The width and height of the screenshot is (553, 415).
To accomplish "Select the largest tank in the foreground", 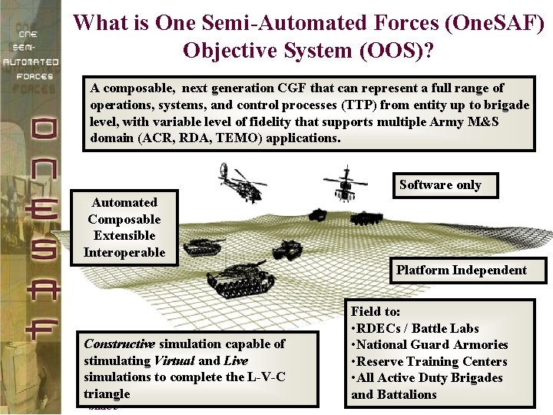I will click(x=238, y=277).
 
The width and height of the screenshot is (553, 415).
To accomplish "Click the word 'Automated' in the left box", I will click(x=124, y=202).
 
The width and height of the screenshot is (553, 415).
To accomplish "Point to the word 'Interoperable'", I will click(x=124, y=252).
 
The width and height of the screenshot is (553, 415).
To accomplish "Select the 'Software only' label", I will click(x=440, y=184).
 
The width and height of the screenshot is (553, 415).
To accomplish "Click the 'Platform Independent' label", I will click(x=462, y=270).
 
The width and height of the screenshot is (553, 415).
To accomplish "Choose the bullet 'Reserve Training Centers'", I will click(x=433, y=361).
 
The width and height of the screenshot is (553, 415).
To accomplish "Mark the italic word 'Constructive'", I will click(x=119, y=344).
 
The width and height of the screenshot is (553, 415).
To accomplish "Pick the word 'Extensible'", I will click(x=124, y=235).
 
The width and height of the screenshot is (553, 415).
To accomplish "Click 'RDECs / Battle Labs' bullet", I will click(x=419, y=328).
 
